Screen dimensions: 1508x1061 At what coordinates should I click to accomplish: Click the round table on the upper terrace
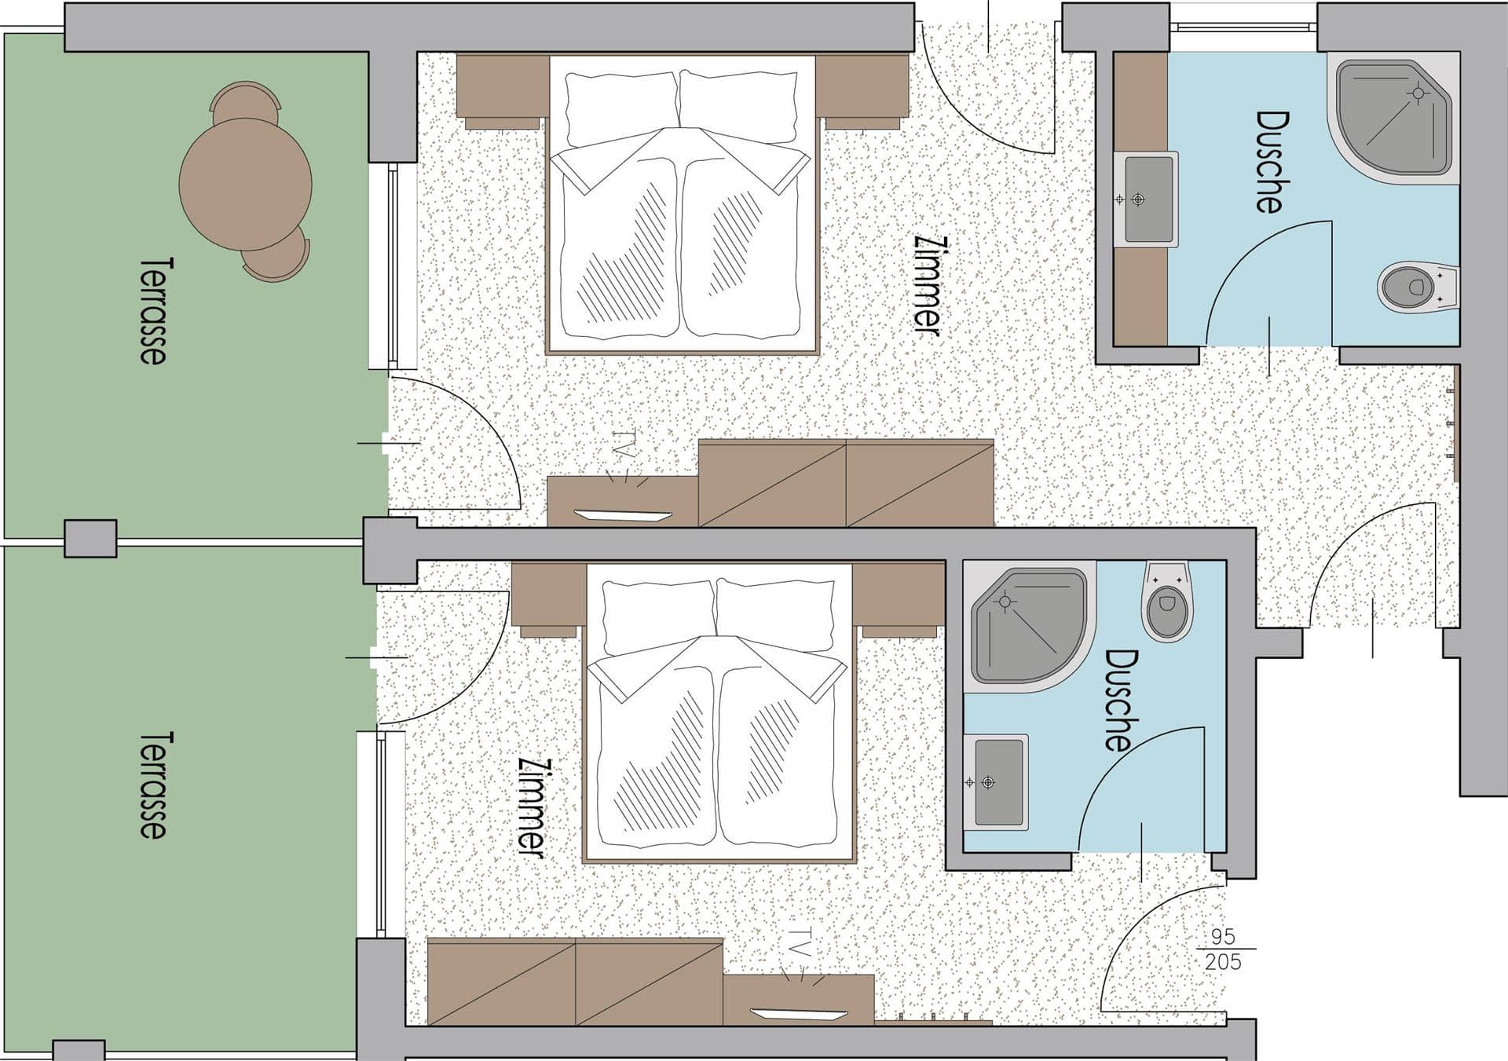pyautogui.click(x=245, y=184)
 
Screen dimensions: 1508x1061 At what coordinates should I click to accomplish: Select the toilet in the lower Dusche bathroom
pyautogui.click(x=1168, y=600)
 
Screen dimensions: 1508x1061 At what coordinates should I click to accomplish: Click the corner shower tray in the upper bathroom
pyautogui.click(x=1393, y=118)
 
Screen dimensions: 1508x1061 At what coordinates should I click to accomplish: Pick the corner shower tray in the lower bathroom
pyautogui.click(x=1030, y=627)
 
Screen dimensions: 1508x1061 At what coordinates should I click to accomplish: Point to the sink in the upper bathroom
pyautogui.click(x=1146, y=199)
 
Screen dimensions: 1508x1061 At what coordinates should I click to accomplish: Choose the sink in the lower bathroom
pyautogui.click(x=996, y=782)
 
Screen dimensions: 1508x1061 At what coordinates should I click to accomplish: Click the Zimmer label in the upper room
pyautogui.click(x=928, y=286)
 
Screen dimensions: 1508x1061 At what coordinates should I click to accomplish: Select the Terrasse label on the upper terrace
pyautogui.click(x=153, y=311)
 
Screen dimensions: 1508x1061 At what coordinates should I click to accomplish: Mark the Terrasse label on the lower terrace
pyautogui.click(x=153, y=785)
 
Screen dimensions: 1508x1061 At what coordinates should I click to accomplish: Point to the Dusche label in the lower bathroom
pyautogui.click(x=1121, y=700)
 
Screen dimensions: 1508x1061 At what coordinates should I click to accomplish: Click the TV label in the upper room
pyautogui.click(x=624, y=443)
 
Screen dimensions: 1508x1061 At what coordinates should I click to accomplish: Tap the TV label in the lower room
pyautogui.click(x=799, y=942)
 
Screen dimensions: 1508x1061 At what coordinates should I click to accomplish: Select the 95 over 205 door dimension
pyautogui.click(x=1224, y=949)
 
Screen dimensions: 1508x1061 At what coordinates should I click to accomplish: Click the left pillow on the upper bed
pyautogui.click(x=621, y=108)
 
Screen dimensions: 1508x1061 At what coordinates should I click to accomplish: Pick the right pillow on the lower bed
pyautogui.click(x=776, y=615)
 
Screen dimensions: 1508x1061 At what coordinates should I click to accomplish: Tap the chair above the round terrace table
pyautogui.click(x=245, y=102)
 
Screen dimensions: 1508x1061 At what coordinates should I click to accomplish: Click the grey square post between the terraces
pyautogui.click(x=90, y=539)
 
